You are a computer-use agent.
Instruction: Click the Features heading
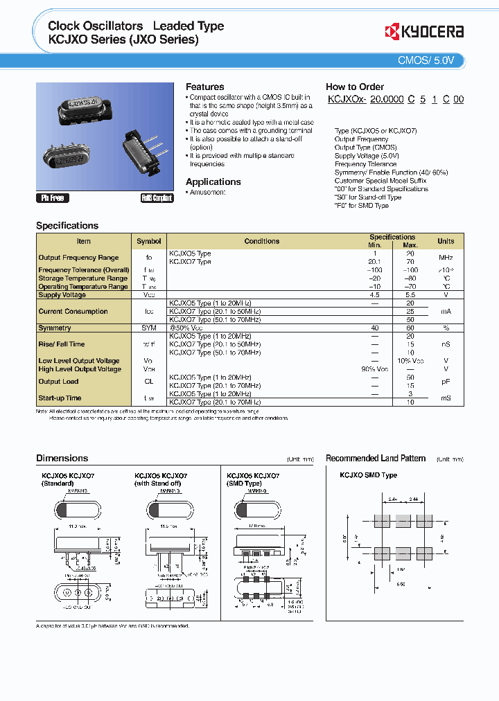pyautogui.click(x=204, y=87)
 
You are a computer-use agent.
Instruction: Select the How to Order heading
pyautogui.click(x=354, y=87)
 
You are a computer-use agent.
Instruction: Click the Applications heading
pyautogui.click(x=213, y=181)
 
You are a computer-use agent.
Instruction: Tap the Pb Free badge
pyautogui.click(x=53, y=198)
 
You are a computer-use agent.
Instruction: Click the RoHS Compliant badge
pyautogui.click(x=157, y=198)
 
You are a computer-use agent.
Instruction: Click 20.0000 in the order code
pyautogui.click(x=387, y=100)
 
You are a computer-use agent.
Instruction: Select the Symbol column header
pyautogui.click(x=148, y=241)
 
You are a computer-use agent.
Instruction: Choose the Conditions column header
pyautogui.click(x=261, y=241)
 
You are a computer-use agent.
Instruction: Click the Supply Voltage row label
pyautogui.click(x=62, y=295)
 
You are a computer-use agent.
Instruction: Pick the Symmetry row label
pyautogui.click(x=55, y=328)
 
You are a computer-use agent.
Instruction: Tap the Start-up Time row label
pyautogui.click(x=60, y=398)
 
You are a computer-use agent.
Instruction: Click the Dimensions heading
pyautogui.click(x=62, y=458)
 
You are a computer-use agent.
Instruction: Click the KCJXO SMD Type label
pyautogui.click(x=368, y=475)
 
